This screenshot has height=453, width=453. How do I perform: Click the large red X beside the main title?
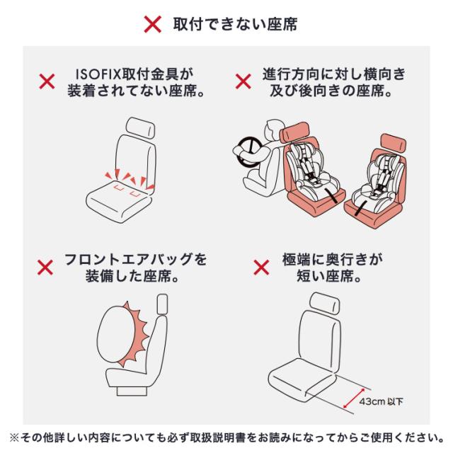[x=153, y=24]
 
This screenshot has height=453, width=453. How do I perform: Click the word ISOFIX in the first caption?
[x=98, y=74]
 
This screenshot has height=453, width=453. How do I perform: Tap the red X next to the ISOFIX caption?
[x=47, y=81]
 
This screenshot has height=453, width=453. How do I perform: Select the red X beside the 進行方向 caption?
[x=243, y=81]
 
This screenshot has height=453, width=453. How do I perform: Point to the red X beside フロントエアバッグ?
[x=45, y=268]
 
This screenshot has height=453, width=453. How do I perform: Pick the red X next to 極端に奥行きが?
[x=261, y=268]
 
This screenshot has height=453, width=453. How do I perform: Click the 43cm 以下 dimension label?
[x=381, y=401]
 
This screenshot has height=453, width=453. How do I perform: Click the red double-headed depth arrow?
[x=354, y=398]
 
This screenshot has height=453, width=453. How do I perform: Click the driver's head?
[x=273, y=129]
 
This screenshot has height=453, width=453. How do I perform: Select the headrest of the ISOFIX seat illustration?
[x=141, y=127]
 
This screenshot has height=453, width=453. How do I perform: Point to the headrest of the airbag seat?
[x=162, y=304]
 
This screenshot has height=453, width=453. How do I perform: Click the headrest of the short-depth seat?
[x=324, y=303]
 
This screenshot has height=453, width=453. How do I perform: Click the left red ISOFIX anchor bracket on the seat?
[x=119, y=188]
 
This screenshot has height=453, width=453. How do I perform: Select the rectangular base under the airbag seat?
[x=132, y=391]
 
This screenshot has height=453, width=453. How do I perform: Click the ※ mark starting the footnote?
[x=14, y=437]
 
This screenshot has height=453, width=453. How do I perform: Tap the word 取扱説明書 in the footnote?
[x=223, y=437]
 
